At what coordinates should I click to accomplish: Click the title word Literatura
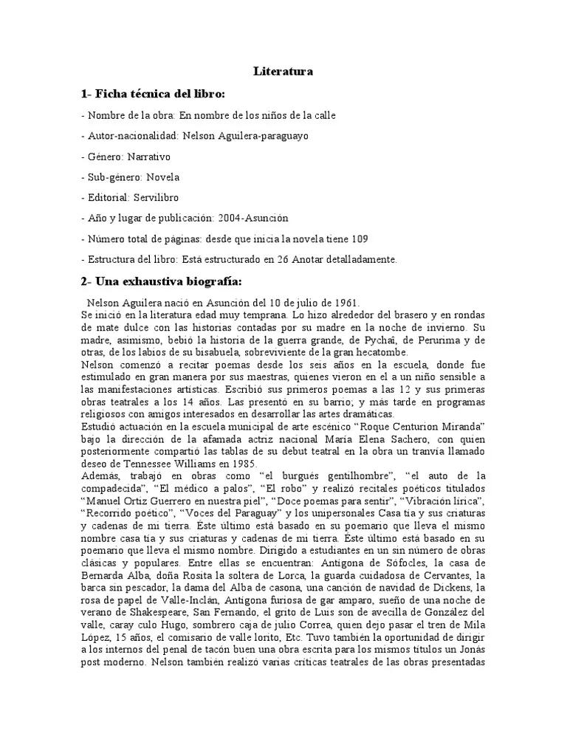[283, 72]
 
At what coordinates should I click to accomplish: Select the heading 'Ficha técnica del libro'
[160, 94]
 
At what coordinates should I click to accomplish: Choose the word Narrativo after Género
[149, 157]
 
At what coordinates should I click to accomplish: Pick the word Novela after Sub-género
[162, 177]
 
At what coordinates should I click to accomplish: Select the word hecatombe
[385, 352]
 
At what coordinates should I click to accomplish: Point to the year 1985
[243, 464]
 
